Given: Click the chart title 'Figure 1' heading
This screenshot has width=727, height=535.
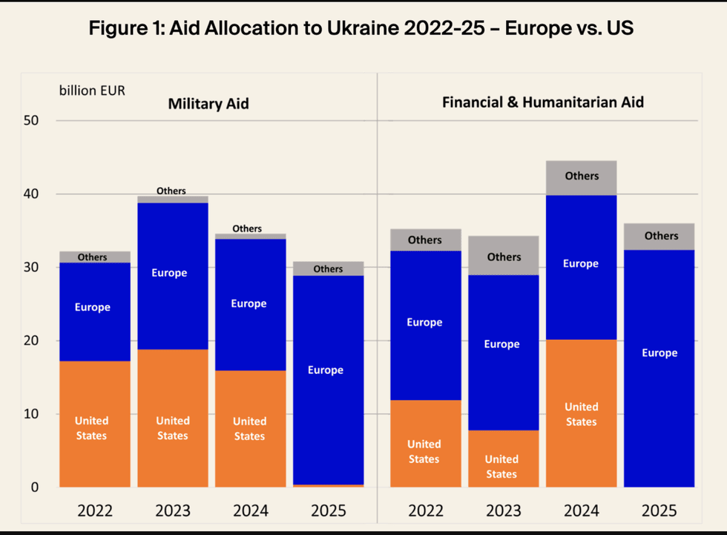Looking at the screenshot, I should [x=361, y=29].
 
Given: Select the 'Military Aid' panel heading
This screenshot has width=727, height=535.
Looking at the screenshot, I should [x=208, y=104].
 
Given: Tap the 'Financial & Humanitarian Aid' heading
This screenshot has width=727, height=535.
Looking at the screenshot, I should [x=542, y=102].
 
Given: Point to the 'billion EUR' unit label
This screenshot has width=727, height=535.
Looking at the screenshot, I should [x=92, y=91].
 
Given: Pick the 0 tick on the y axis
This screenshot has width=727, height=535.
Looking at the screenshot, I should [x=34, y=488].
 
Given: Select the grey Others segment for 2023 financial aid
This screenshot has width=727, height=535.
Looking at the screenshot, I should [x=504, y=256].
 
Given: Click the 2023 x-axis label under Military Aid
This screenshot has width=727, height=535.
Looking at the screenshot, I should [x=172, y=511].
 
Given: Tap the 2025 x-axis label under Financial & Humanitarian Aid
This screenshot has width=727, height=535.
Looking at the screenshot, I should [x=659, y=511].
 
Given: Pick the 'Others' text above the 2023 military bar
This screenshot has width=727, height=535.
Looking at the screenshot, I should [x=171, y=191].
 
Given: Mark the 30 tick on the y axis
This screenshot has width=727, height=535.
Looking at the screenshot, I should [x=33, y=267].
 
